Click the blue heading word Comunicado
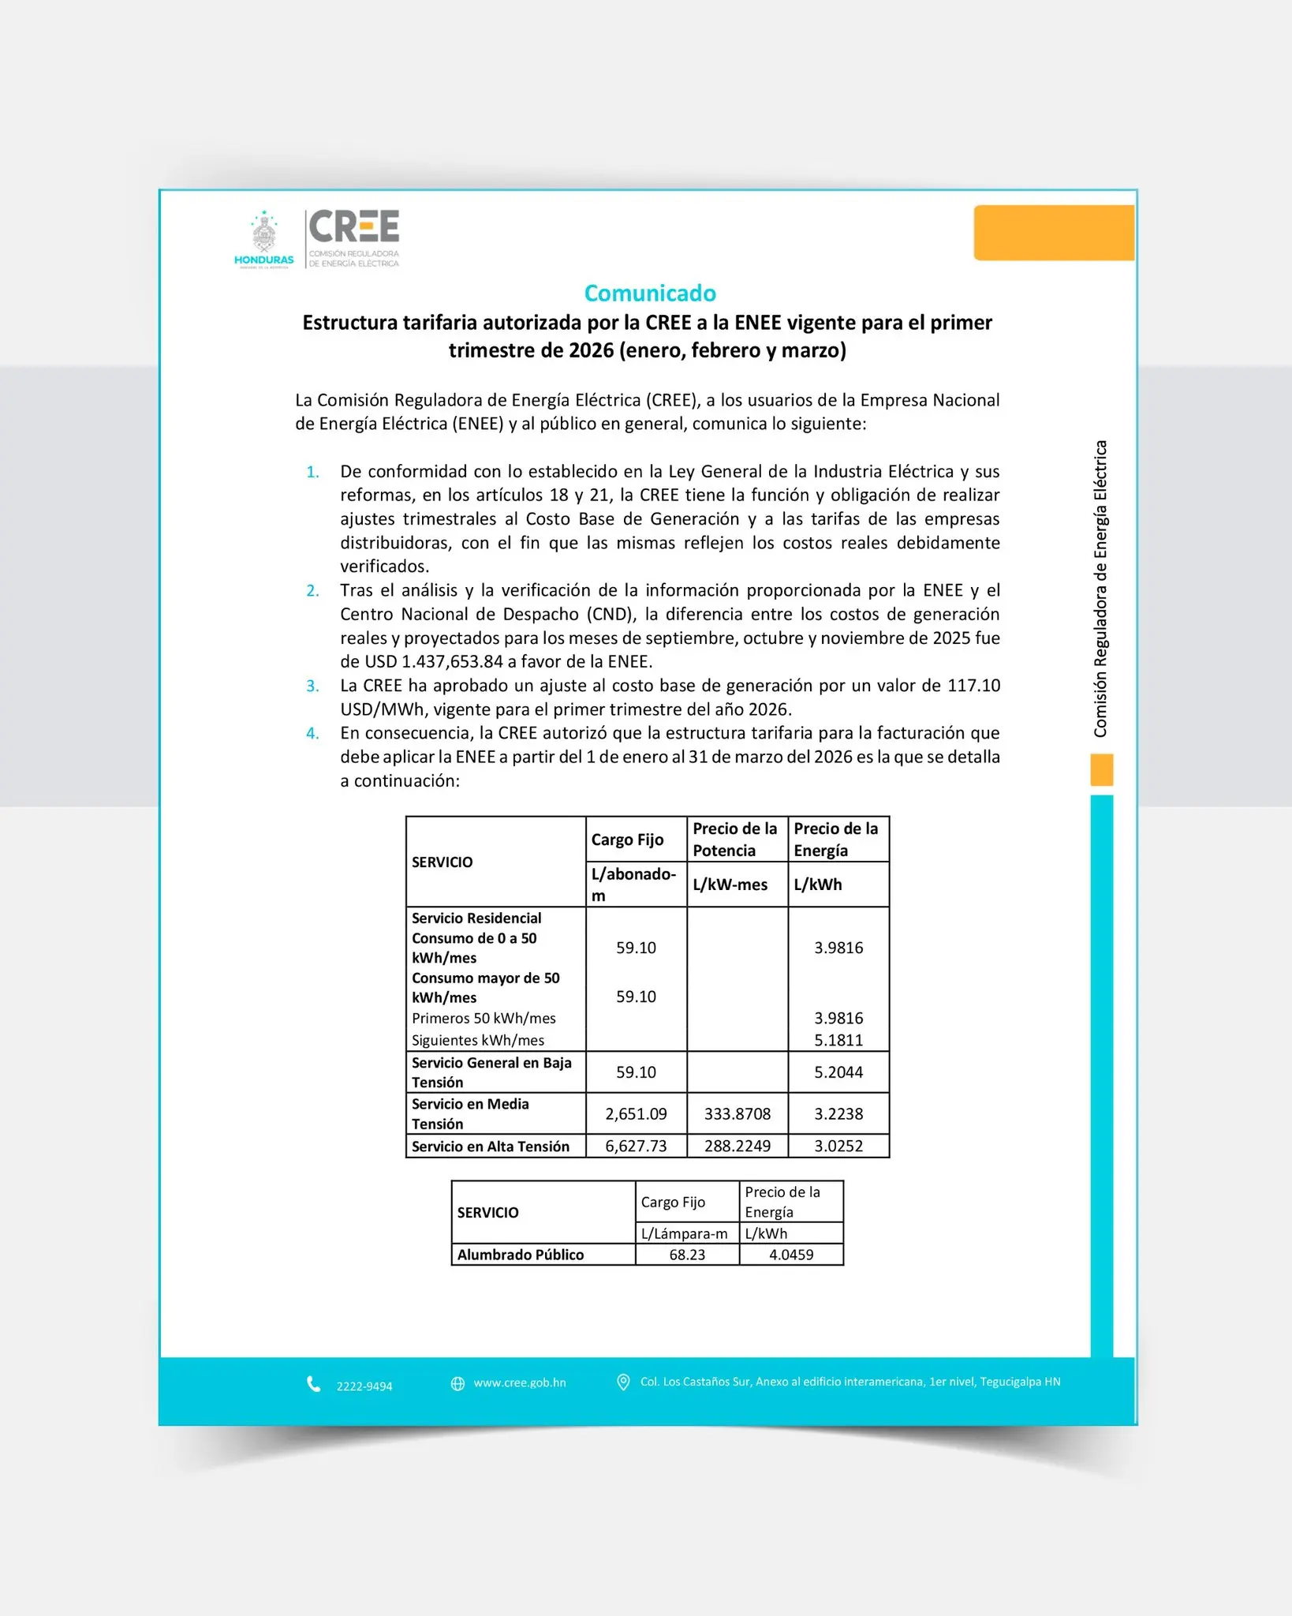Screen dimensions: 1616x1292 (x=650, y=294)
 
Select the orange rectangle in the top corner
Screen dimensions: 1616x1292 (x=1054, y=233)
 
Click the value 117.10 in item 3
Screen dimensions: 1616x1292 (x=973, y=685)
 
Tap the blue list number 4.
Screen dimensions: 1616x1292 (x=313, y=733)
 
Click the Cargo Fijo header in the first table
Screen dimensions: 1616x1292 (x=628, y=840)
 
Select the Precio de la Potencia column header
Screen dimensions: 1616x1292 (x=734, y=839)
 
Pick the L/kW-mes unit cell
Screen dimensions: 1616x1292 (x=730, y=885)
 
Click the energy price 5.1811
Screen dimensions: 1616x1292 (x=838, y=1040)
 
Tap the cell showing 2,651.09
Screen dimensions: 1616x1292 (x=636, y=1113)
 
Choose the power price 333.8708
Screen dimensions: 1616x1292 (x=737, y=1113)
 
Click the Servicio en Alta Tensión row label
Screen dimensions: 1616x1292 (x=491, y=1146)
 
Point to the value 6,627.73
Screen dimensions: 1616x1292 (x=636, y=1146)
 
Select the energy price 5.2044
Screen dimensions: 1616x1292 (x=838, y=1072)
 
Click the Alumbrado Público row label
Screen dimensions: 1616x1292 (x=521, y=1255)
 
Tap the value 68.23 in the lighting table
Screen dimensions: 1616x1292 (x=687, y=1255)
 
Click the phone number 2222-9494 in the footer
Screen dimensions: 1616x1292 (x=364, y=1386)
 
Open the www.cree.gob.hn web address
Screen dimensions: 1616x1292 (x=520, y=1382)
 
